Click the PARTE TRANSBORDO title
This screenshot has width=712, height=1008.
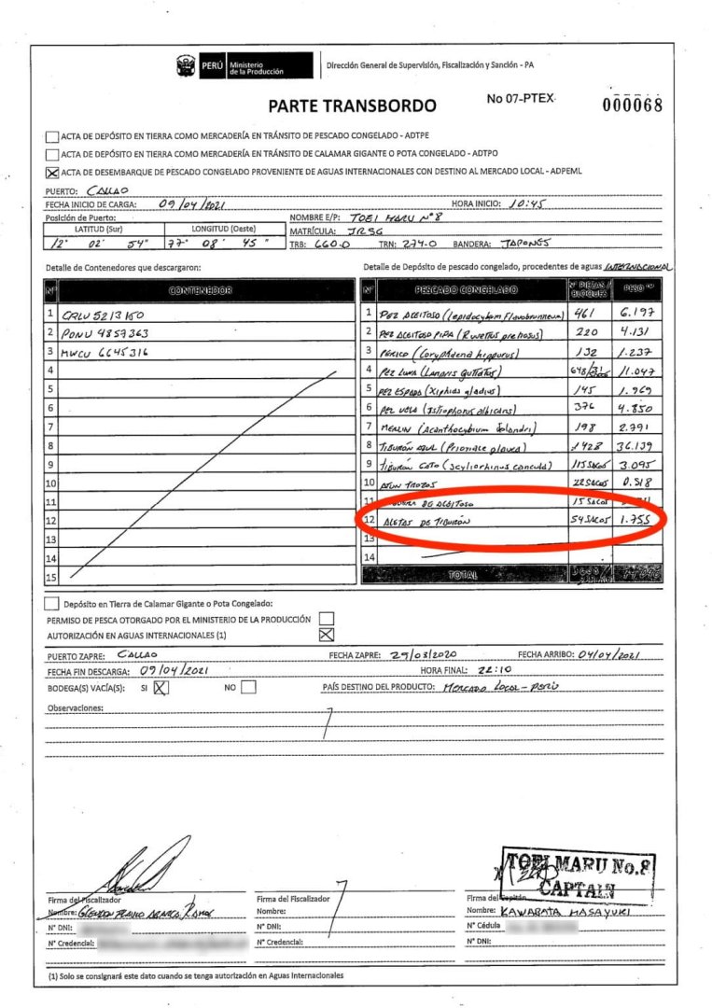[x=352, y=105]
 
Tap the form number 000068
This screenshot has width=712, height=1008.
[x=632, y=105]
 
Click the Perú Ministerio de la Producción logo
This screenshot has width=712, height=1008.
[x=244, y=65]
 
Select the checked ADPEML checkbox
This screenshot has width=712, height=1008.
[x=51, y=173]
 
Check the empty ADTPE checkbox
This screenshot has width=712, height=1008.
[x=51, y=135]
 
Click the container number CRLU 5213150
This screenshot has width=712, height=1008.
[x=104, y=315]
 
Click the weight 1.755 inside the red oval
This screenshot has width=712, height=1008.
[x=638, y=522]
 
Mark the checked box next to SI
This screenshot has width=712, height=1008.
[x=161, y=688]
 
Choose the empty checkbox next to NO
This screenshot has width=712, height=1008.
[x=248, y=688]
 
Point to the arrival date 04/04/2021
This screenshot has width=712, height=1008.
[x=608, y=655]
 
